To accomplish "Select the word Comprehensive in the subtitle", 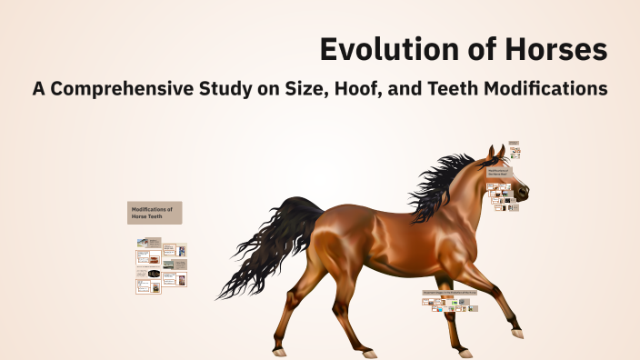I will tap(137, 90).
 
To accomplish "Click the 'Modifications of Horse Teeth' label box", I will tap(155, 213).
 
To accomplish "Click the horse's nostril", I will tap(525, 193).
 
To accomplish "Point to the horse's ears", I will tap(496, 152).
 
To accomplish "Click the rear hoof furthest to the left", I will tap(280, 352).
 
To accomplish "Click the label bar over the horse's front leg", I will tap(449, 294).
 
